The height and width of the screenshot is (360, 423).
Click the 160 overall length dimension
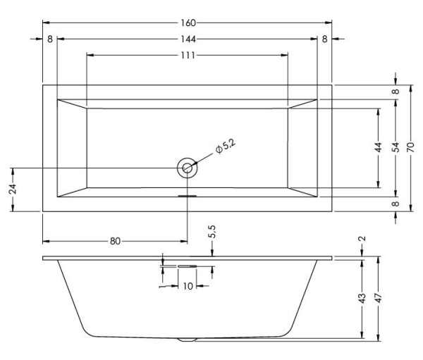pos(188,23)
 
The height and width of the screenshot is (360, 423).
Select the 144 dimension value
pos(188,39)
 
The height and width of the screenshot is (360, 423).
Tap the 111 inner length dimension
pos(187,55)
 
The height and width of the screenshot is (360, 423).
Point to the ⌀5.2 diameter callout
pos(225,147)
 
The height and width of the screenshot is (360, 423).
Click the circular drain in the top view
pos(188,168)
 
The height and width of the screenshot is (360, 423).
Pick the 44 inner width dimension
pos(379,148)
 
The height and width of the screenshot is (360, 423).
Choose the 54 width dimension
pos(396,148)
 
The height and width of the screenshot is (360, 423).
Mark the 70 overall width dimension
pos(411,148)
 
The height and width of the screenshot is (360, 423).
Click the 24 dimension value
pos(12,190)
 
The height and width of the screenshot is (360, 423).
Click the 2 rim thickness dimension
pos(362,240)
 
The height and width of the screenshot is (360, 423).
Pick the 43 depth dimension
pos(362,299)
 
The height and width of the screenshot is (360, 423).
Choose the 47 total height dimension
pos(379,299)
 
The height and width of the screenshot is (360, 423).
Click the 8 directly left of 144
pos(50,39)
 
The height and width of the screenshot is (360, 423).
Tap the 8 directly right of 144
pos(324,39)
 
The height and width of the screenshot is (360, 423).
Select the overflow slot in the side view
pos(188,266)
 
